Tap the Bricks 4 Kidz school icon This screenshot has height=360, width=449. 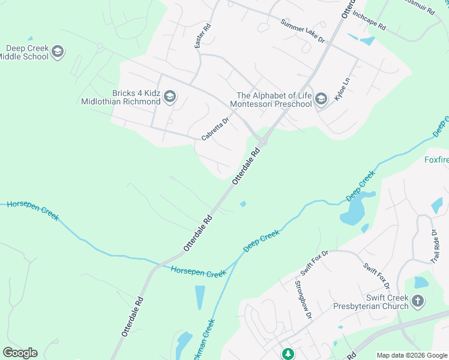[170, 97]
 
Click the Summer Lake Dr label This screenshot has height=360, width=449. [303, 31]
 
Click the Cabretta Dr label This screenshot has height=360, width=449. [215, 129]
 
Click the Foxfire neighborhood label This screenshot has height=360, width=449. [436, 160]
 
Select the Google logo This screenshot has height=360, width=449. [20, 353]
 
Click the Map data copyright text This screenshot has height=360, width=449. [412, 355]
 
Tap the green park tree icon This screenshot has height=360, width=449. [288, 354]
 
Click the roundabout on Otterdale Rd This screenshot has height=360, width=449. [262, 142]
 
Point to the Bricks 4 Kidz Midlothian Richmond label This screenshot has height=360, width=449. [121, 97]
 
